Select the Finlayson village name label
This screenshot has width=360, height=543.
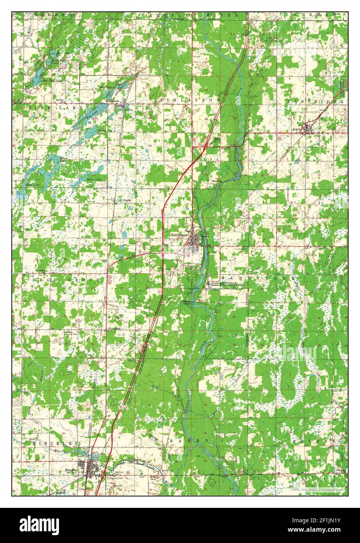pyautogui.click(x=113, y=100)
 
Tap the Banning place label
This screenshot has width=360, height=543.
pyautogui.click(x=215, y=181)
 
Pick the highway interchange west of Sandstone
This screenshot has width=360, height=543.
pyautogui.click(x=163, y=254)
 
